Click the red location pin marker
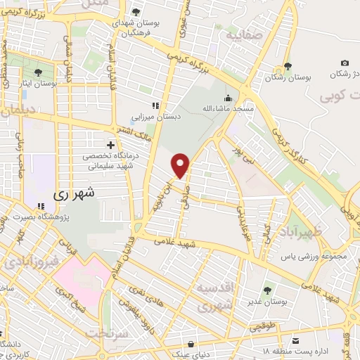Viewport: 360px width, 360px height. coord(181,166)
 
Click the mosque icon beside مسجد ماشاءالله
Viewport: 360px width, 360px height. coord(227,98)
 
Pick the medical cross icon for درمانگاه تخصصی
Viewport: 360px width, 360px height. coord(110,145)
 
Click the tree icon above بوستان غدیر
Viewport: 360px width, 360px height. coord(269,289)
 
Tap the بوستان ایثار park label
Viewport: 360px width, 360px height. coord(36,84)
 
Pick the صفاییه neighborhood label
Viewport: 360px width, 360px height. coord(243,32)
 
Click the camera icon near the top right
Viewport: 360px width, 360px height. coord(345,63)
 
